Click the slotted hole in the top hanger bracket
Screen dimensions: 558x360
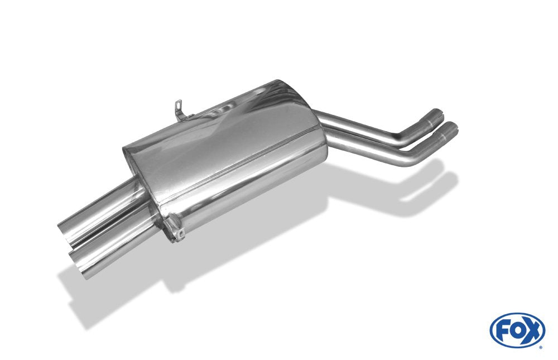(179, 105)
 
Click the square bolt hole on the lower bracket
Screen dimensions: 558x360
(182, 234)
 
